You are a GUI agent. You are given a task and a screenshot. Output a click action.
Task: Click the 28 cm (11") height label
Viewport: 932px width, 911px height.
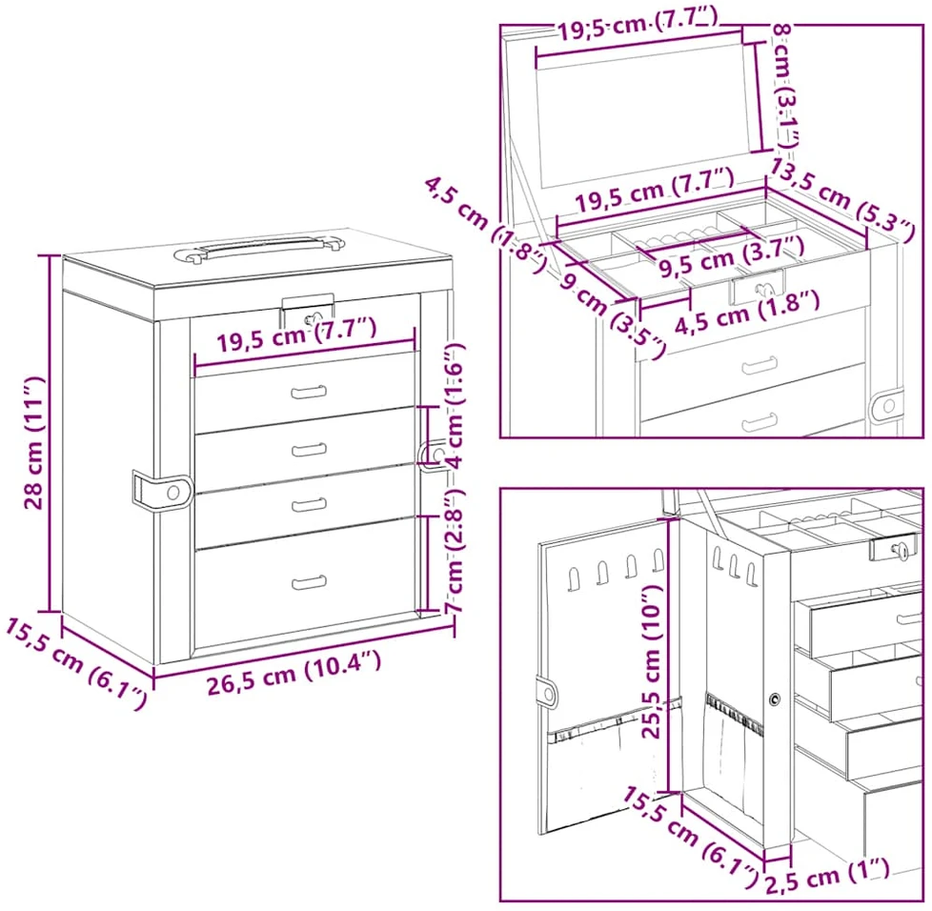(34, 443)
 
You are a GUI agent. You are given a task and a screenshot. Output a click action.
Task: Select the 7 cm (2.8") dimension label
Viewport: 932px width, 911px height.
(455, 552)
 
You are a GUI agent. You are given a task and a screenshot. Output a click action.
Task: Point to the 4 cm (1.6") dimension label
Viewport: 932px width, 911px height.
(455, 407)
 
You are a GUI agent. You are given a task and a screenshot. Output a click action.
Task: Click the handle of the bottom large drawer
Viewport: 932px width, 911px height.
(309, 582)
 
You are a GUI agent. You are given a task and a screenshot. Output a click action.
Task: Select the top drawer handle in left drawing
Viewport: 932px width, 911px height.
(309, 392)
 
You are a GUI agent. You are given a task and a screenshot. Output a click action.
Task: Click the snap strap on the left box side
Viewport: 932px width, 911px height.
(162, 491)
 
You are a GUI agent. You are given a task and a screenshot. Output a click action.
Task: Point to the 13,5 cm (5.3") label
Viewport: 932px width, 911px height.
(841, 201)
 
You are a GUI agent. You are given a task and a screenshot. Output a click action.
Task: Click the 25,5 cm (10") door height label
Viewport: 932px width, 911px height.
(652, 660)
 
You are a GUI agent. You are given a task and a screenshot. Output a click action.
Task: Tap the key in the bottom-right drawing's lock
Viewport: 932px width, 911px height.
(902, 550)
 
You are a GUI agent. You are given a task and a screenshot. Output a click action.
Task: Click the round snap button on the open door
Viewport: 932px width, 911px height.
(546, 692)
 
